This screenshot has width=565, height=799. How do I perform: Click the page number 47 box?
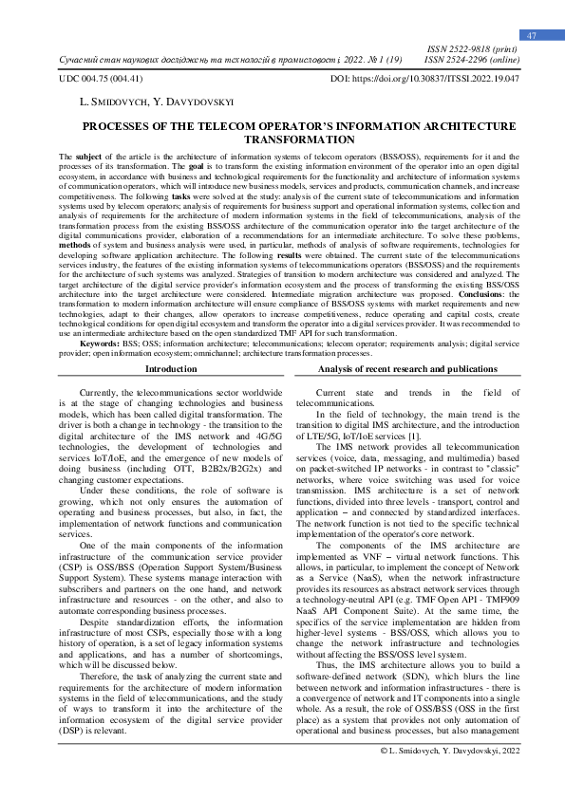[x=532, y=35]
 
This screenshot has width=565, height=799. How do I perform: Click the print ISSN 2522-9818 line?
[x=472, y=47]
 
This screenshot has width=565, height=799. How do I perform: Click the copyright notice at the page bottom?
[x=449, y=777]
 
